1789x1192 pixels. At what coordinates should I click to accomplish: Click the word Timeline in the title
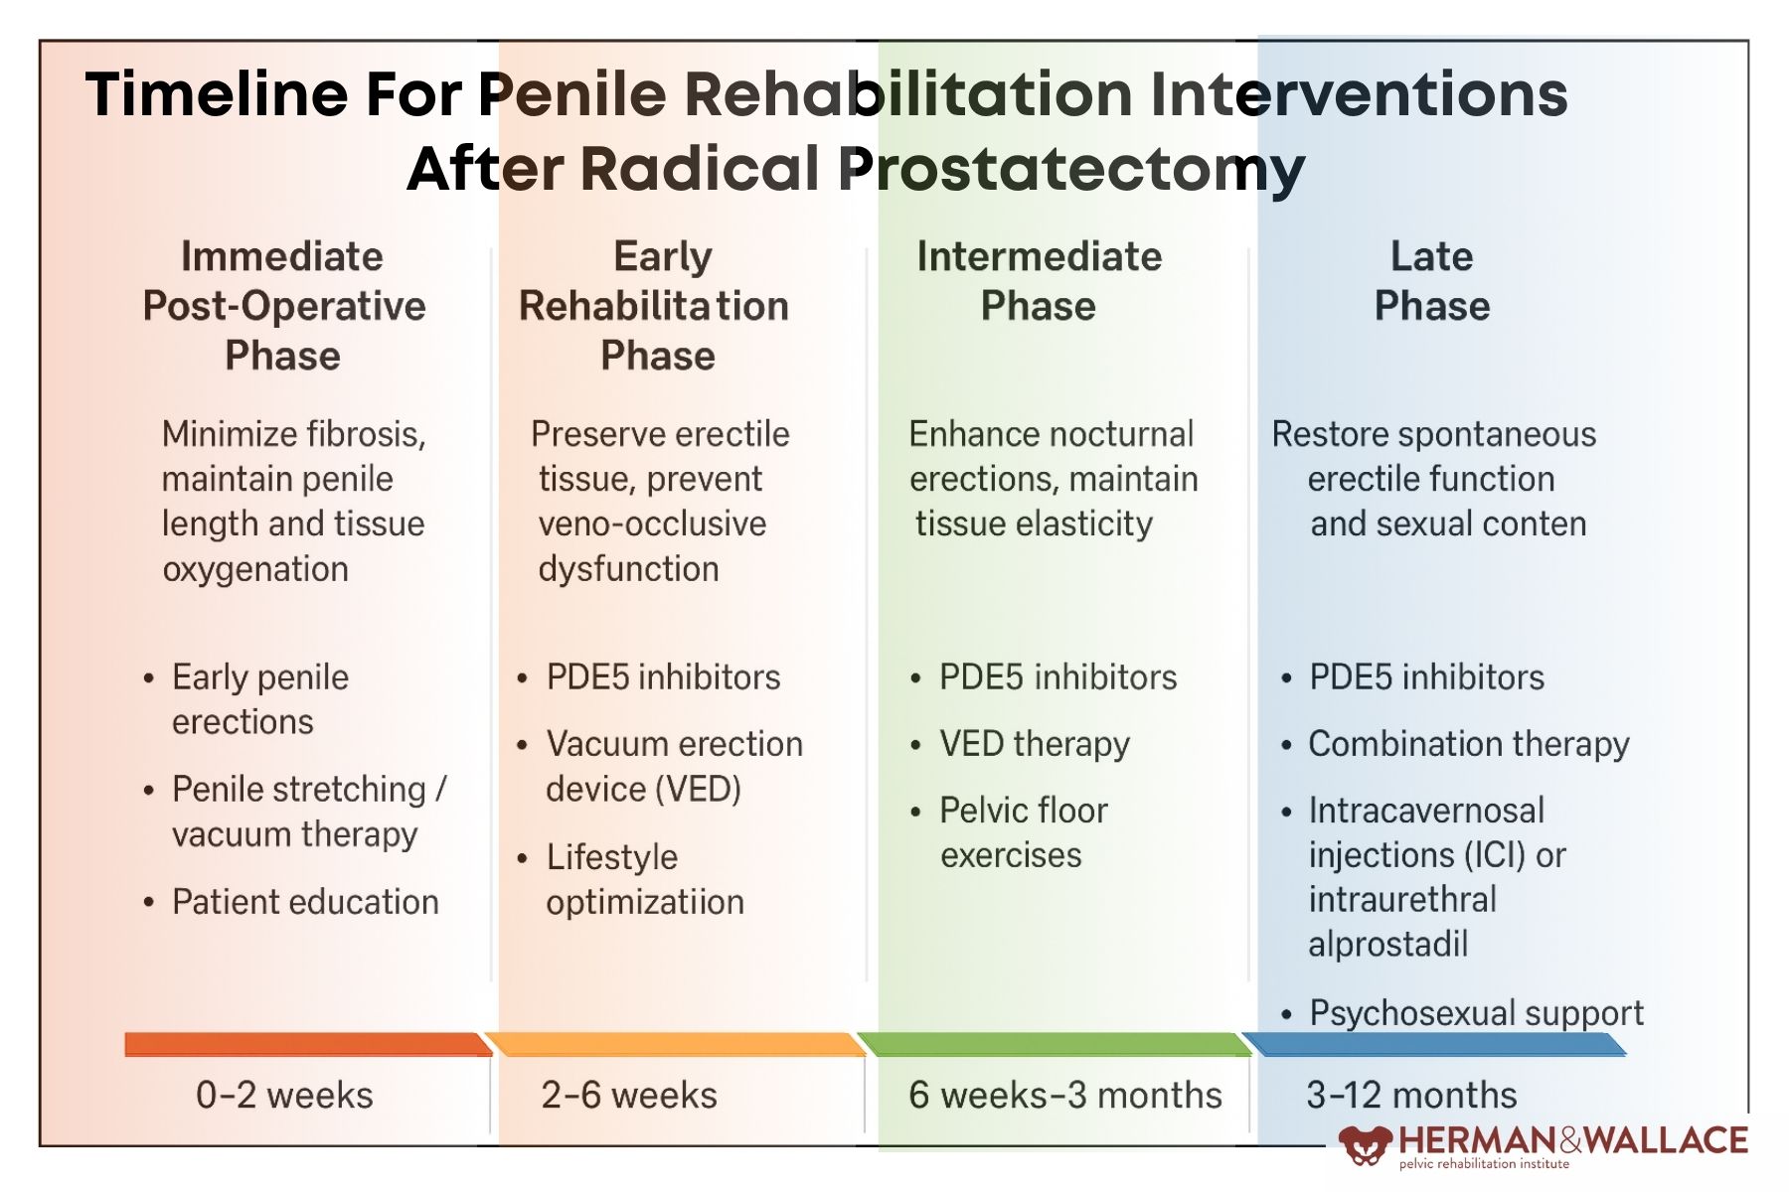pyautogui.click(x=217, y=95)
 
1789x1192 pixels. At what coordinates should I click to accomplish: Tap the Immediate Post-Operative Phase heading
pyautogui.click(x=283, y=306)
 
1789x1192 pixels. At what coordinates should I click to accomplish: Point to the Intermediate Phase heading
pyautogui.click(x=1039, y=281)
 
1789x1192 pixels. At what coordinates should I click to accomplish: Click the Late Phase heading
pyautogui.click(x=1431, y=281)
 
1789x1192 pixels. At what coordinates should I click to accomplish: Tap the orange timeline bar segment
pyautogui.click(x=676, y=1044)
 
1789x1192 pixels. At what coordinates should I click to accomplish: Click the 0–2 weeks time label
pyautogui.click(x=284, y=1095)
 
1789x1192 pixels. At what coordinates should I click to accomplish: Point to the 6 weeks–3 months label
pyautogui.click(x=1064, y=1095)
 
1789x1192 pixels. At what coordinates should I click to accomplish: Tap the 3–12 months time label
pyautogui.click(x=1411, y=1095)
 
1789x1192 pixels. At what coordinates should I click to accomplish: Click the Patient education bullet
pyautogui.click(x=305, y=902)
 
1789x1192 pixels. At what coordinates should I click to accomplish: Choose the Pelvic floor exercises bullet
pyautogui.click(x=1022, y=832)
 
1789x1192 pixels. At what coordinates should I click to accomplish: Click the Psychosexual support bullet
pyautogui.click(x=1476, y=1013)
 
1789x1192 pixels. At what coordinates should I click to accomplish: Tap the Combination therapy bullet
pyautogui.click(x=1468, y=744)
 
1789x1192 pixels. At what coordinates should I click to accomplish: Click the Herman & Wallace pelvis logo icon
pyautogui.click(x=1365, y=1145)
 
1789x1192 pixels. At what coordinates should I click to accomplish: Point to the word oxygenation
pyautogui.click(x=255, y=569)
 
